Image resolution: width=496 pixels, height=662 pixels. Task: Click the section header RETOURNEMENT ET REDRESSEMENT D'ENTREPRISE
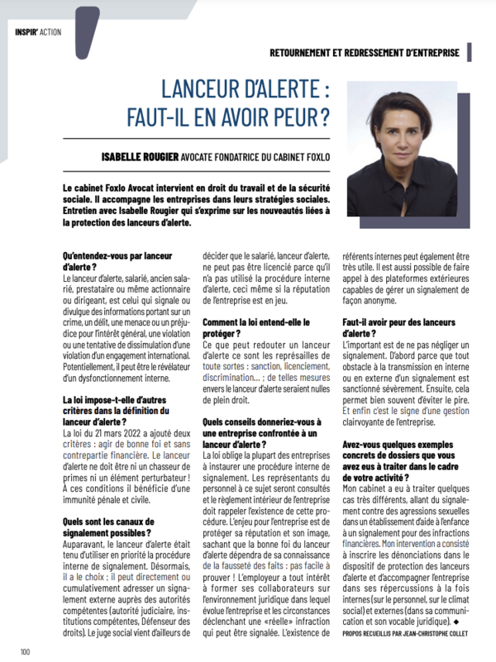[365, 52]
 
